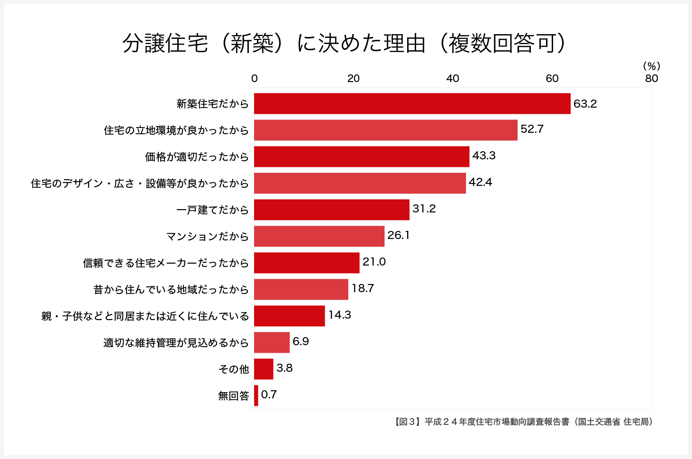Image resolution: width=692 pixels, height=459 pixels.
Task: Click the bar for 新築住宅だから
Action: [x=412, y=103]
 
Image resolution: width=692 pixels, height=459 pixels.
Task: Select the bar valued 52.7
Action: [x=385, y=130]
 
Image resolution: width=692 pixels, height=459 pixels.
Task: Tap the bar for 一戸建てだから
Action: [x=331, y=210]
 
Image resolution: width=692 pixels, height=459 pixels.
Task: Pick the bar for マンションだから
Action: [x=319, y=236]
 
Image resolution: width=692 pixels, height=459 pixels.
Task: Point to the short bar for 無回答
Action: [x=256, y=395]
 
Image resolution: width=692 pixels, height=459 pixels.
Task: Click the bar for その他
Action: [x=264, y=369]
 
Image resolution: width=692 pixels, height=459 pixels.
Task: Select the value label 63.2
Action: [x=585, y=104]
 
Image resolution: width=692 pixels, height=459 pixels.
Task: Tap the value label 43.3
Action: [x=483, y=156]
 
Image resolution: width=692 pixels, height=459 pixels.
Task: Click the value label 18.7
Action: [x=363, y=288]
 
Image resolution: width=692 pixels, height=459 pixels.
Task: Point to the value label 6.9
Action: [x=300, y=341]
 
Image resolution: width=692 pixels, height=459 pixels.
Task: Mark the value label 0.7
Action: [x=269, y=395]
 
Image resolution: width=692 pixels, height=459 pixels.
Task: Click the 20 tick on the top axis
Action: [x=354, y=79]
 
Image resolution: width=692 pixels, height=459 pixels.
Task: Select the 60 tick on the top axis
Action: [x=552, y=79]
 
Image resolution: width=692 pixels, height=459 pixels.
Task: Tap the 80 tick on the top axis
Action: [x=651, y=79]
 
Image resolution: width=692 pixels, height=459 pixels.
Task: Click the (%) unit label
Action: [x=651, y=66]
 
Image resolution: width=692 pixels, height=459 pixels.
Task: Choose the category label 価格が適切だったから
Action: [x=197, y=157]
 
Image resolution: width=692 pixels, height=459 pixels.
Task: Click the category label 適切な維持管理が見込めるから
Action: [x=176, y=343]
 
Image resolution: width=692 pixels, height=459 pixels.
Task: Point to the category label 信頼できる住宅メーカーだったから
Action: [x=165, y=263]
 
